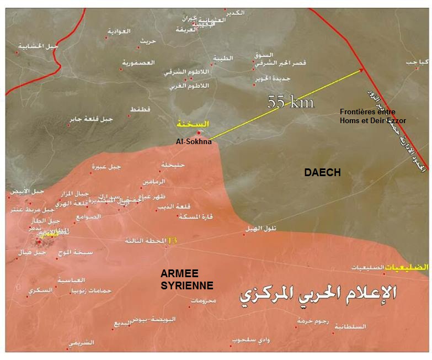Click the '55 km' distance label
pos(290,102)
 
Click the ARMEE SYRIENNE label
pos(186,279)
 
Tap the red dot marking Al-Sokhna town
pos(199,133)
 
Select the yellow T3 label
pos(173,241)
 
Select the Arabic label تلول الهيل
pos(263,228)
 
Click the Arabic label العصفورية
pos(138,63)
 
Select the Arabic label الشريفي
pos(82,342)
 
